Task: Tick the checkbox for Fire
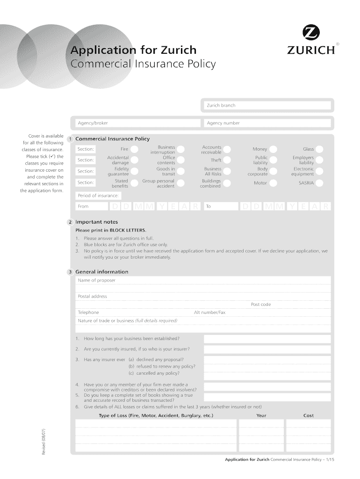tap(134, 149)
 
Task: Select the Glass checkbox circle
tap(320, 149)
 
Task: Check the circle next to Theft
tap(227, 160)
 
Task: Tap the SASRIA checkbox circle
tap(320, 183)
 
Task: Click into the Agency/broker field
tap(137, 123)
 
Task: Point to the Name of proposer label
tap(96, 281)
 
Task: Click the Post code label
tap(261, 305)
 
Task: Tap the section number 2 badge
tap(69, 222)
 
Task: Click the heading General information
tap(101, 272)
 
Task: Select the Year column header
tap(261, 415)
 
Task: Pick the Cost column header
tap(309, 415)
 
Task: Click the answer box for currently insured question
tap(267, 349)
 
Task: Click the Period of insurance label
tap(98, 195)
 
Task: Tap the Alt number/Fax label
tap(209, 312)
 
